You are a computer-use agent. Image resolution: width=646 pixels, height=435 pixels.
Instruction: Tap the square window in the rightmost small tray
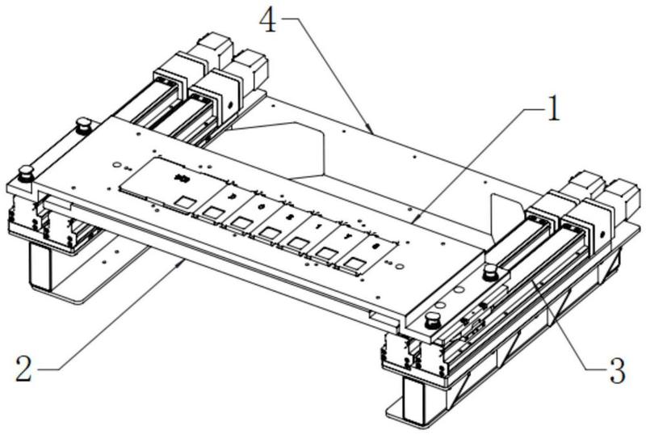pyautogui.click(x=356, y=263)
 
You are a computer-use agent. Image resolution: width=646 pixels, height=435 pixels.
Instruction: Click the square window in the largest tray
pyautogui.click(x=185, y=201)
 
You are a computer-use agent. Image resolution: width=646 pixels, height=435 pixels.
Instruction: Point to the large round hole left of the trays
pyautogui.click(x=117, y=164)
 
